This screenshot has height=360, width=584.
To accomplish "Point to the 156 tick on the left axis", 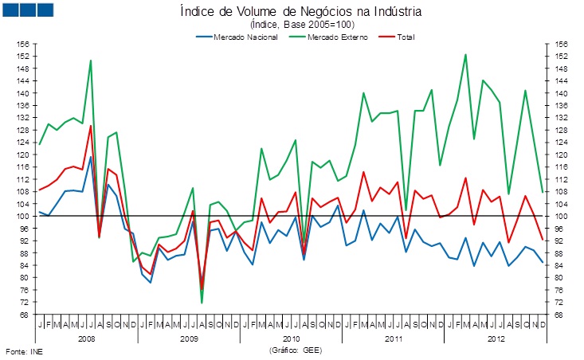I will [23, 44].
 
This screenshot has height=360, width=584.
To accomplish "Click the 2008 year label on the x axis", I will [87, 338].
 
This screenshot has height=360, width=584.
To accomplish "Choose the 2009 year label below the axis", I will [189, 338].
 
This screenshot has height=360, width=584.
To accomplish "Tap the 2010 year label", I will [291, 338].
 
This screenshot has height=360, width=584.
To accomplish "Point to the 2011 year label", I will [393, 338].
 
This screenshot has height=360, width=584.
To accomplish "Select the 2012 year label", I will [495, 338].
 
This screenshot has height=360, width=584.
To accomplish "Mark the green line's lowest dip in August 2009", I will [202, 303].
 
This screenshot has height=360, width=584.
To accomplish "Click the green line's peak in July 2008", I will [91, 61].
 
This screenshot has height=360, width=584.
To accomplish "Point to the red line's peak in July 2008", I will [91, 126].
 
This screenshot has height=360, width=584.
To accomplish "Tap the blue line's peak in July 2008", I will [91, 157].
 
